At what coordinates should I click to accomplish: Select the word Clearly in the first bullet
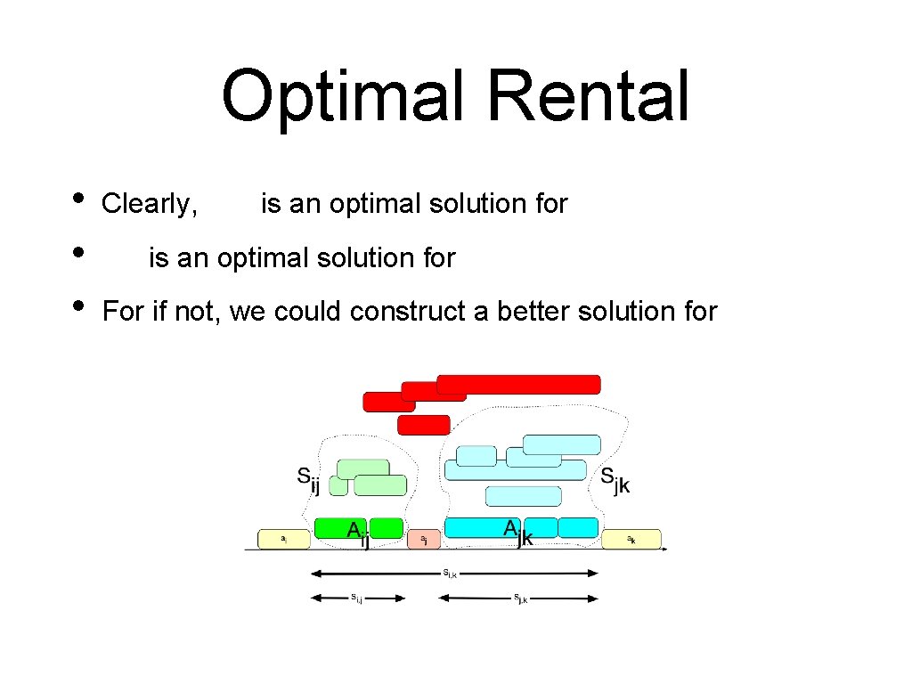point(149,204)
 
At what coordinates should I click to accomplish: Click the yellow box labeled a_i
point(283,539)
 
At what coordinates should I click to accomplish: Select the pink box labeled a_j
point(424,539)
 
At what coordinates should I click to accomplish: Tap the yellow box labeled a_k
point(631,539)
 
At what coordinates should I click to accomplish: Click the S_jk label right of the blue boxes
point(614,479)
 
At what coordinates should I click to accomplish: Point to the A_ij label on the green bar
point(358,533)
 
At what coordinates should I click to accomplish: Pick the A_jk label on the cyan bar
point(517,532)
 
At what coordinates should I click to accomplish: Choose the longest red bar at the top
point(518,384)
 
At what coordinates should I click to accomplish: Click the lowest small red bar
point(423,425)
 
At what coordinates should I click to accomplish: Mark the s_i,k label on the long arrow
point(451,573)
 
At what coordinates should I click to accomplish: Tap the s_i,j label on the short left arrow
point(356,598)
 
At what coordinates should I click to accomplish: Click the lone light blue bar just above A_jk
point(524,495)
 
